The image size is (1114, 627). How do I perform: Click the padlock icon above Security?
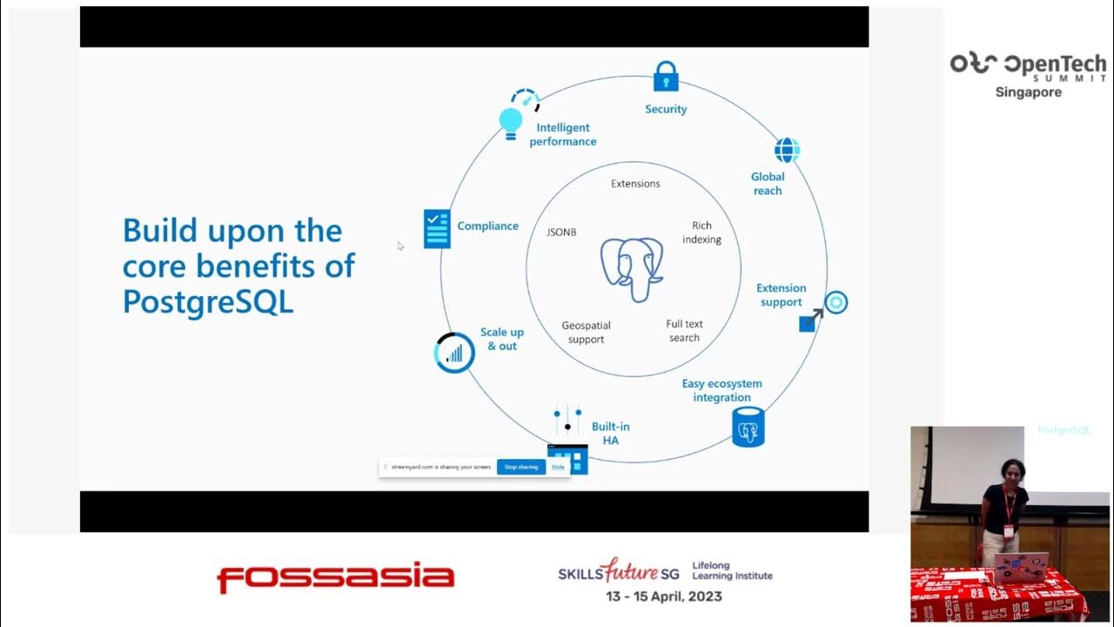[666, 77]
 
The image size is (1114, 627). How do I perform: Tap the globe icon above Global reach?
[787, 150]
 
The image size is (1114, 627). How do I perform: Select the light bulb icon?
[511, 122]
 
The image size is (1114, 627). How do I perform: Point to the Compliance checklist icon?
[437, 228]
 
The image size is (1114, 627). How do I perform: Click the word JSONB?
[561, 233]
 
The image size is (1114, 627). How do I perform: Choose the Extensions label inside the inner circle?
[635, 184]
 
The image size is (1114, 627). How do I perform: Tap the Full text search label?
[684, 331]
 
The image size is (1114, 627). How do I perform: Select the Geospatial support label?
[586, 333]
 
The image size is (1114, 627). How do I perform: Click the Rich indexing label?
[701, 233]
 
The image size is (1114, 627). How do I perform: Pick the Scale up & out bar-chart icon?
[454, 353]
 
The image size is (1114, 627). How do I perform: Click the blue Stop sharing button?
[521, 467]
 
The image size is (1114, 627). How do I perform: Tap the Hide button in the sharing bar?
[558, 467]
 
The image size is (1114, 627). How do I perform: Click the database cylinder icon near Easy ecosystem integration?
[748, 427]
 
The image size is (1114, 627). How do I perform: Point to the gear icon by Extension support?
[835, 303]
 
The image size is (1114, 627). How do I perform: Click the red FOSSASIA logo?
[335, 577]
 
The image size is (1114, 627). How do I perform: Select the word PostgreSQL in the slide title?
[208, 301]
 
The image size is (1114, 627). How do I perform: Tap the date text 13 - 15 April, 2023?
[664, 597]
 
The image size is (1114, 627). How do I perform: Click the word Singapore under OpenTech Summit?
[1028, 92]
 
